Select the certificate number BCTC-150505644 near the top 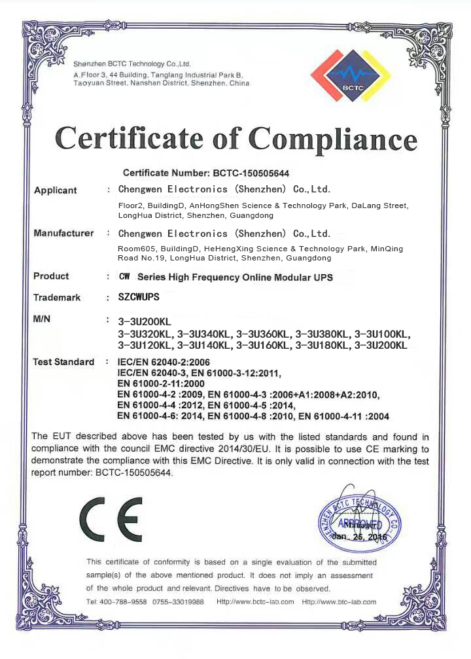pyautogui.click(x=251, y=173)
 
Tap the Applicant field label pyautogui.click(x=55, y=190)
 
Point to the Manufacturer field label pyautogui.click(x=63, y=234)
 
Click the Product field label pyautogui.click(x=51, y=277)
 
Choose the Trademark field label pyautogui.click(x=57, y=298)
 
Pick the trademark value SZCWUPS pyautogui.click(x=139, y=297)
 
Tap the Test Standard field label pyautogui.click(x=63, y=362)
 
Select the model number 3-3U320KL pyautogui.click(x=145, y=334)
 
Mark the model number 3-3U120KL pyautogui.click(x=145, y=345)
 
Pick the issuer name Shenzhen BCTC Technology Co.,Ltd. pyautogui.click(x=131, y=64)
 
